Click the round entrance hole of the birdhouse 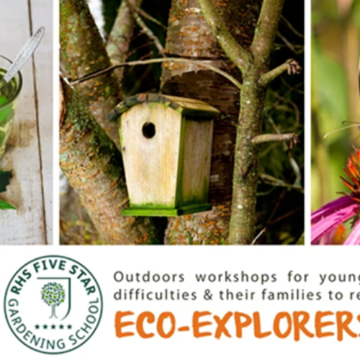pos(148,130)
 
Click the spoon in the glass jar pos(26,54)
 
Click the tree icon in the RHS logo pos(53,295)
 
